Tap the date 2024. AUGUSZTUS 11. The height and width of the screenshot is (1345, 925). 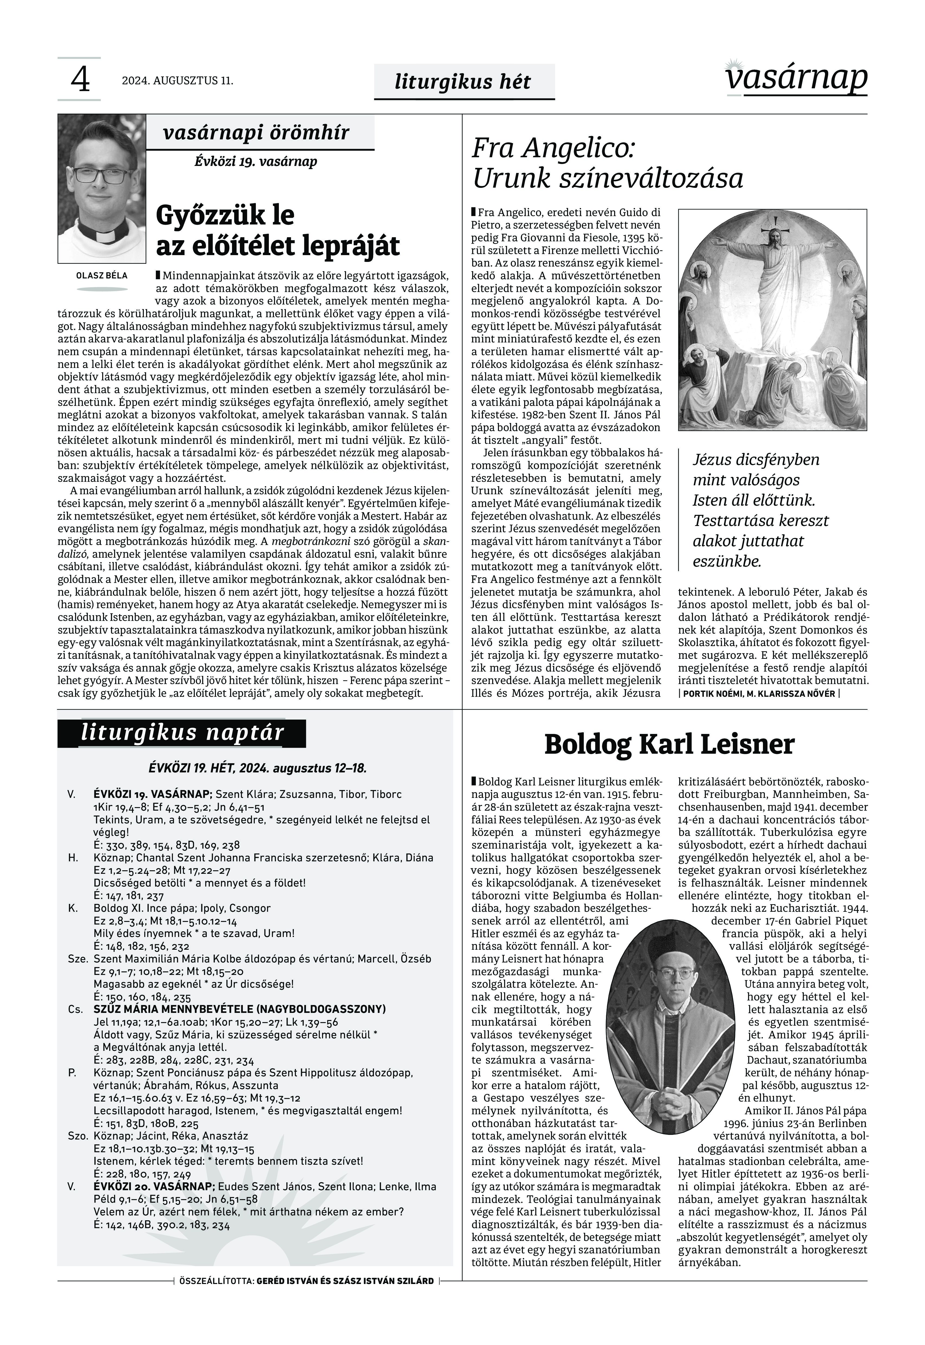[177, 81]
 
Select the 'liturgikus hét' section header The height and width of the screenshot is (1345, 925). [462, 82]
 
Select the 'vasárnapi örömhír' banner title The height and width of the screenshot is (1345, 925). [256, 133]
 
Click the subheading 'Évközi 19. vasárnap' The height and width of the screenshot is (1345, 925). [256, 161]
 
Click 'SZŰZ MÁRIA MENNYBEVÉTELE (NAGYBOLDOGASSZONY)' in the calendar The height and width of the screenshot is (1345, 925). [239, 1009]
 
